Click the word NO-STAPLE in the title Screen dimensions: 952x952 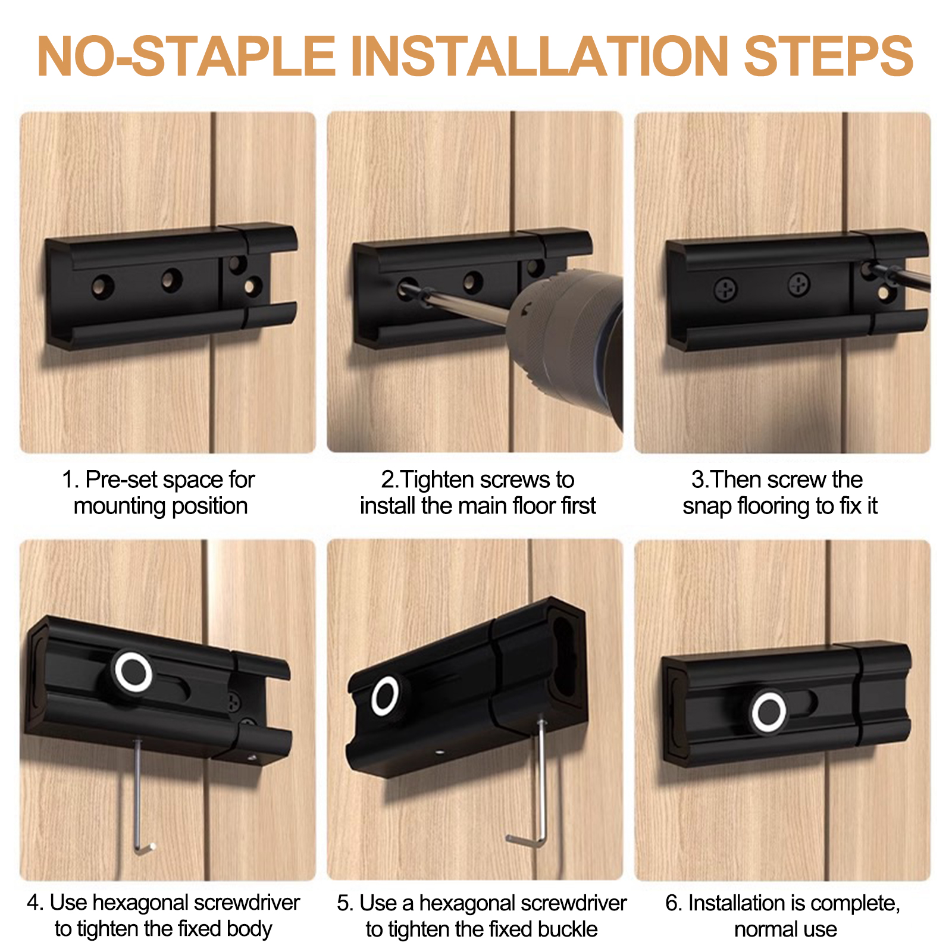186,56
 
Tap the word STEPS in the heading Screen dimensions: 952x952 829,56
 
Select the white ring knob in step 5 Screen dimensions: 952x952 385,696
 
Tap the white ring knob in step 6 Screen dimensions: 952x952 768,712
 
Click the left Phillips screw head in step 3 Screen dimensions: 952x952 725,290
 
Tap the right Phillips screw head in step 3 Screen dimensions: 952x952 798,284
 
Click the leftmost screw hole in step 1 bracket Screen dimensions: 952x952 103,286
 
